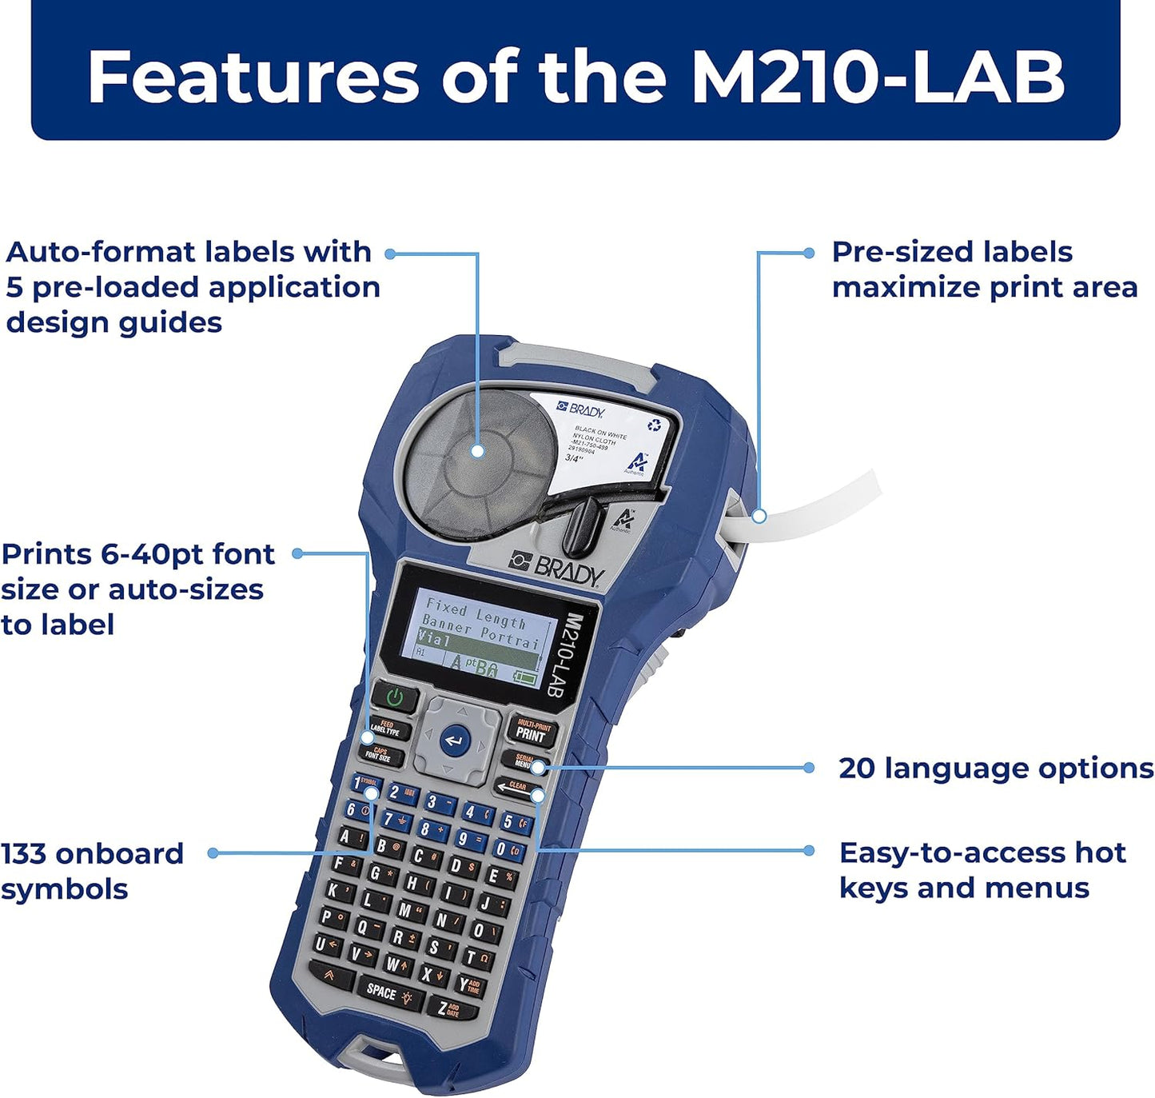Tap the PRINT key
(531, 730)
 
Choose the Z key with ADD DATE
(451, 1008)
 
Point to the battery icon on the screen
(525, 677)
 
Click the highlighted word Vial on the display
(434, 640)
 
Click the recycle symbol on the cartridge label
(655, 425)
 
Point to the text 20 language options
(995, 768)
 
